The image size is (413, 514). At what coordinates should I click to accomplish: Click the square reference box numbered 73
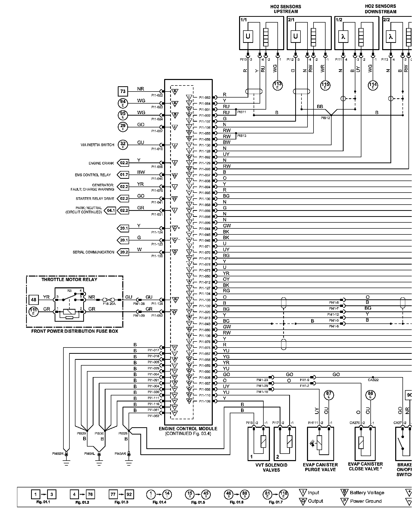tap(123, 91)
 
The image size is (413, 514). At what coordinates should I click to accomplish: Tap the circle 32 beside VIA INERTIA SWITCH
tap(123, 145)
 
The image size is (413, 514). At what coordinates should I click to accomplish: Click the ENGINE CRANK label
tap(101, 163)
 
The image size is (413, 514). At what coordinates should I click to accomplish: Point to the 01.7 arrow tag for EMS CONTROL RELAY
tap(123, 175)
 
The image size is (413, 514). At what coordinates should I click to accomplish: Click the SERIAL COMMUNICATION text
tap(93, 252)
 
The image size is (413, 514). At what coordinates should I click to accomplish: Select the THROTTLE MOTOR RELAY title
tap(69, 280)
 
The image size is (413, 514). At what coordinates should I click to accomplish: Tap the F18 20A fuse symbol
tap(109, 300)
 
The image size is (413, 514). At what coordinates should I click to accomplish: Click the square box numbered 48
tap(34, 300)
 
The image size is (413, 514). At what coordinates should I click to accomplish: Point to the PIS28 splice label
tap(123, 433)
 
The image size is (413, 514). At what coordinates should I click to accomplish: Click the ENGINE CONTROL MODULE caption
tap(188, 429)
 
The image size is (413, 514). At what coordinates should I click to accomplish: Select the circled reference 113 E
tap(277, 85)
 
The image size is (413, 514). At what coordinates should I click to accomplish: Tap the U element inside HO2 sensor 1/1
tap(248, 37)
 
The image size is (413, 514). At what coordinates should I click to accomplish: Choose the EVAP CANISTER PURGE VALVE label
tap(320, 467)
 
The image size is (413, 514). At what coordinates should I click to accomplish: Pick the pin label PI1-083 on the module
tap(204, 98)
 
